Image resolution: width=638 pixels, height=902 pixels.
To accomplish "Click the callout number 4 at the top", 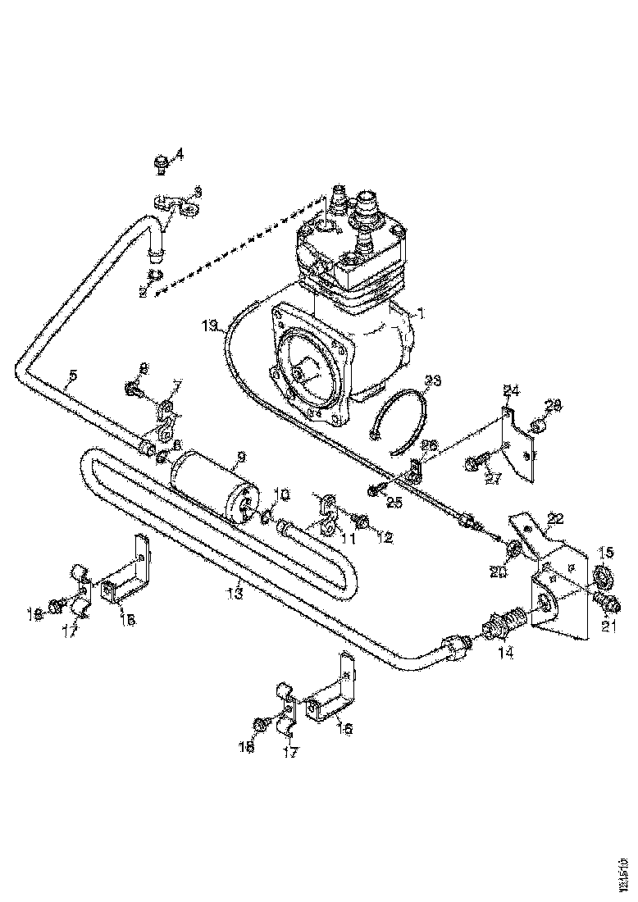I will point(180,153).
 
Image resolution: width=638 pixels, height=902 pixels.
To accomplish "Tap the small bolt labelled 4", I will point(162,166).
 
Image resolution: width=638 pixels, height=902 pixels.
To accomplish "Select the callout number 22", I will point(555,518).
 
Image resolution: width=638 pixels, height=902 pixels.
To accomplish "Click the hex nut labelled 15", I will point(604,581).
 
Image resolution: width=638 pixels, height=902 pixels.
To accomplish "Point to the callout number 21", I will point(607,626).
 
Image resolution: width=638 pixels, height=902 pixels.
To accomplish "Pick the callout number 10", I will point(281,494).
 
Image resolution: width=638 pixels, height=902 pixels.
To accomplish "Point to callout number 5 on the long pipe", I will point(73,376).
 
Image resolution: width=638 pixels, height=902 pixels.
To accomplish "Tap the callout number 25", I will point(394,503).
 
